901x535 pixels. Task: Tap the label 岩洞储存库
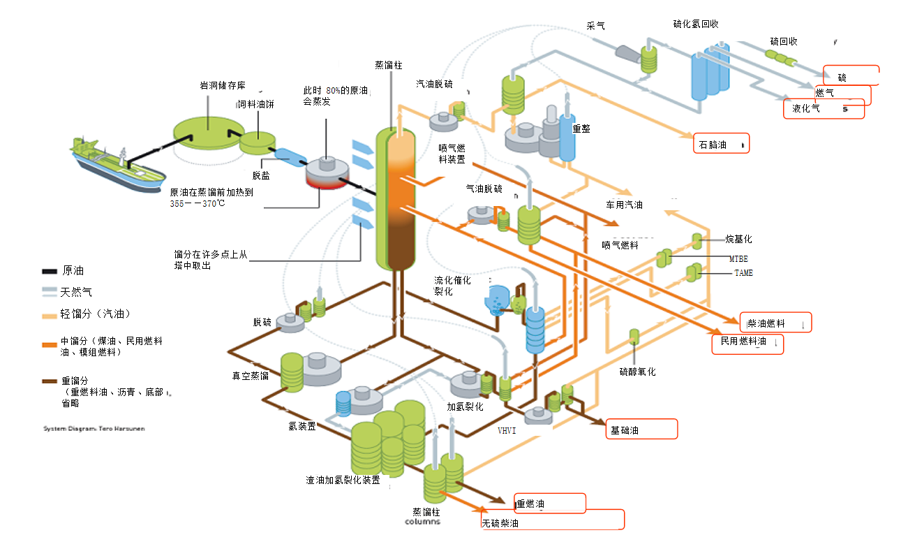point(223,85)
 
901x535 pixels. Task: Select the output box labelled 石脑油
point(721,144)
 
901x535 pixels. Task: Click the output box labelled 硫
point(851,75)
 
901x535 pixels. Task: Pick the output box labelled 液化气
point(824,109)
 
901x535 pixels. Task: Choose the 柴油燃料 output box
point(775,323)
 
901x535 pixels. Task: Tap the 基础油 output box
point(641,430)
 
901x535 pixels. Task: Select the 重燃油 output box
point(549,504)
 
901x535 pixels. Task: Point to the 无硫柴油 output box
point(552,520)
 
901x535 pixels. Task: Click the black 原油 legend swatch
point(50,271)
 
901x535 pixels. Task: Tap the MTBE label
point(738,259)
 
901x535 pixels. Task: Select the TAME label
point(743,273)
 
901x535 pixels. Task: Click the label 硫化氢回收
point(695,24)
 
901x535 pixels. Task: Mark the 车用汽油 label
point(623,205)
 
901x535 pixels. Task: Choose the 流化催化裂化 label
point(452,285)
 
